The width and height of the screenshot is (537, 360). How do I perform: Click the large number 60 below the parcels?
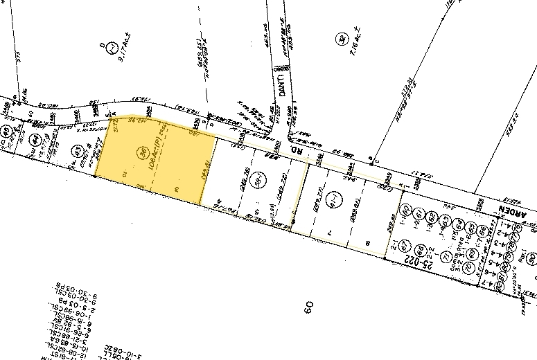point(308,305)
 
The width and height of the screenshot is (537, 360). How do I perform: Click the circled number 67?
point(407,246)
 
